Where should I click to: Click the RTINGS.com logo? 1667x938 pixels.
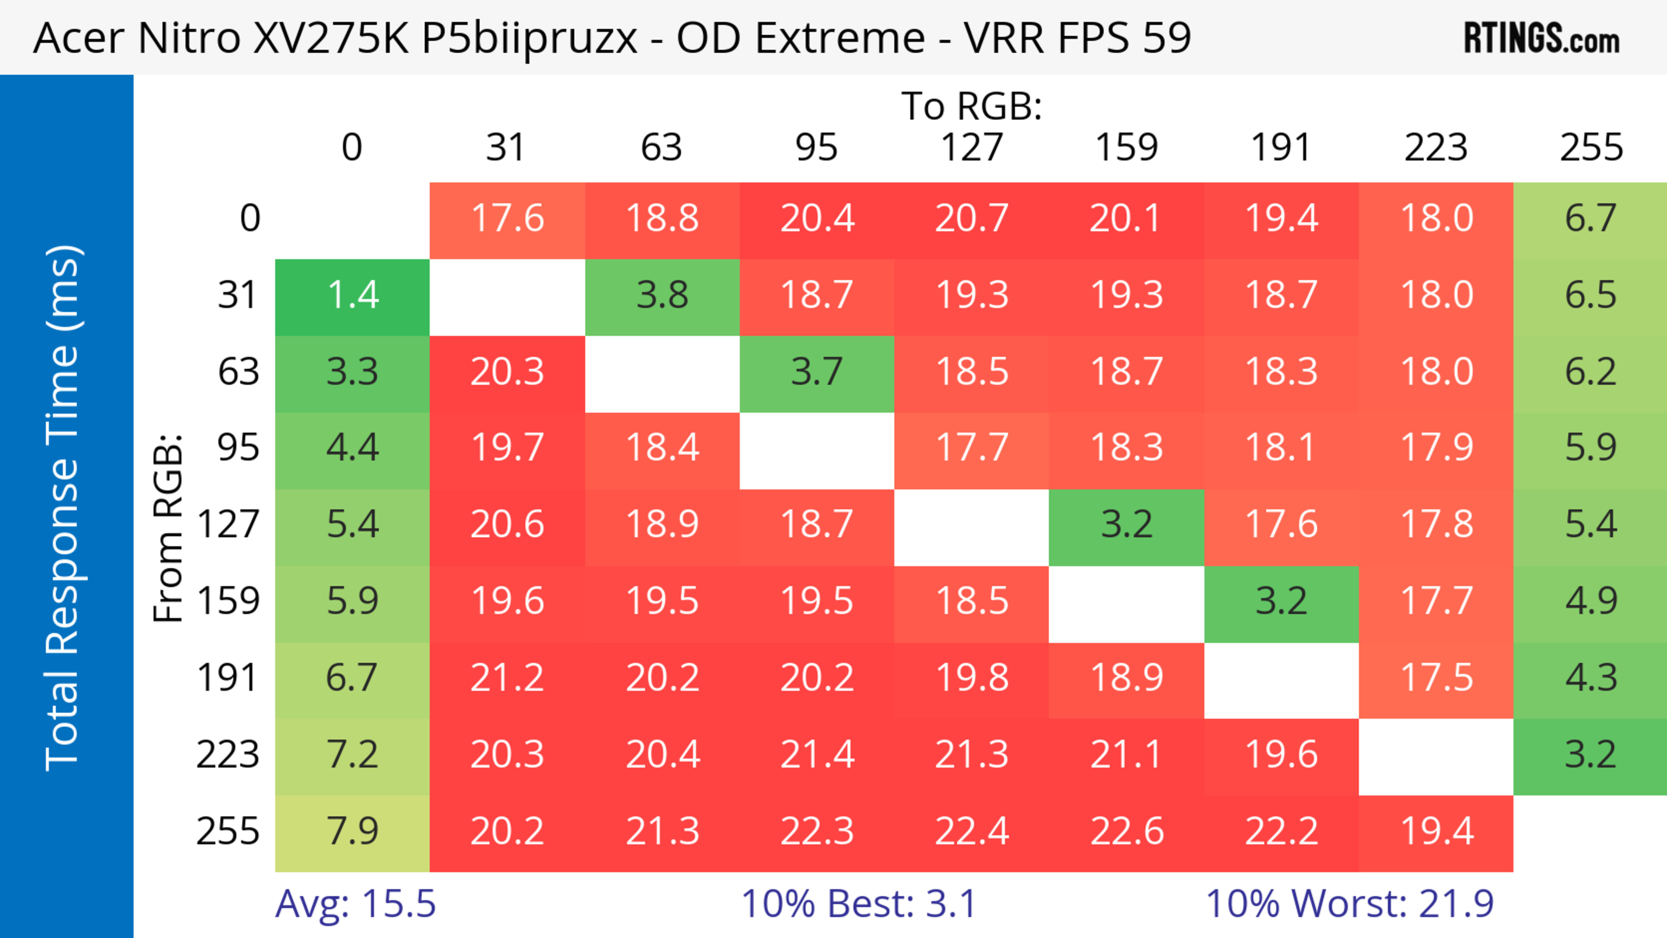(1542, 38)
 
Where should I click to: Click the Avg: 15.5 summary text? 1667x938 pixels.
(355, 904)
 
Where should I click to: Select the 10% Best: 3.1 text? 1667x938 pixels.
(858, 904)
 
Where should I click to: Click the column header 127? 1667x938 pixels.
(972, 148)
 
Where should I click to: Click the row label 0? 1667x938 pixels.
(250, 219)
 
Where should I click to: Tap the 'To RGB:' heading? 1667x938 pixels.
(972, 106)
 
